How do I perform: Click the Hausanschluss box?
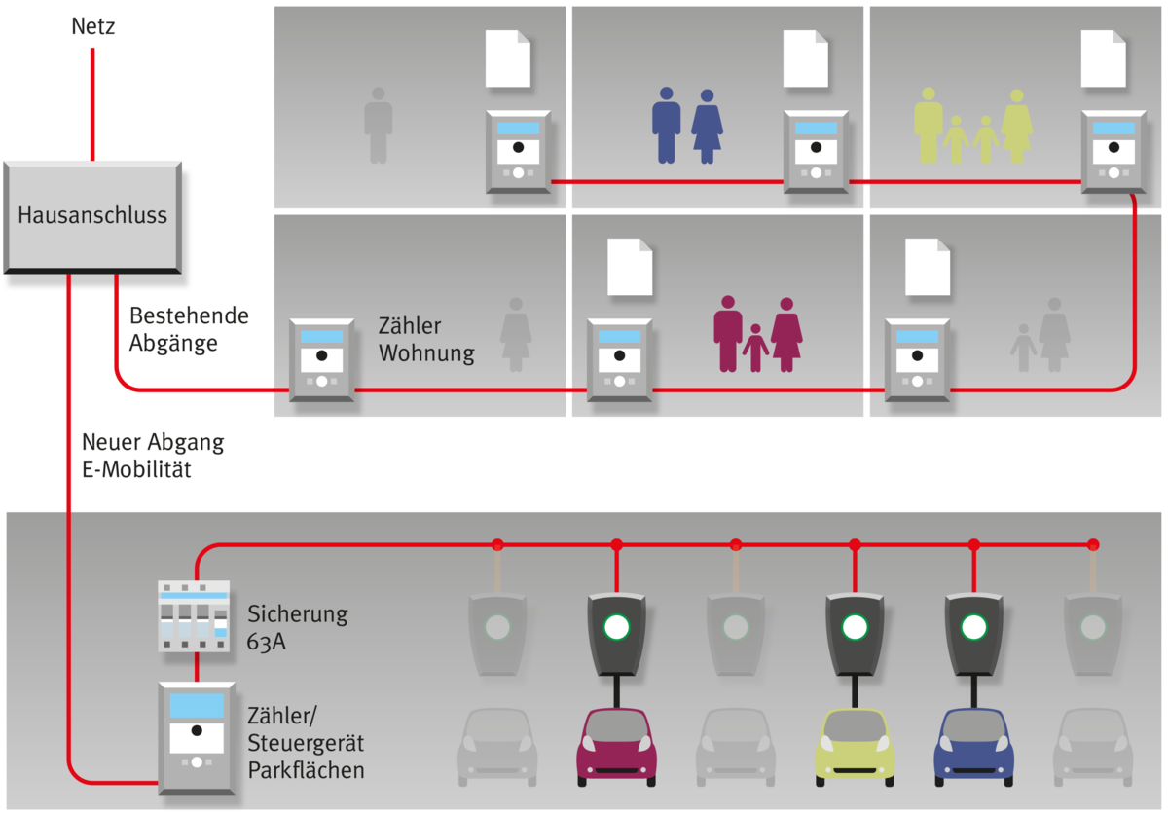(92, 216)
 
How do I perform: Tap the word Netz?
(92, 26)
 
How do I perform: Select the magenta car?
(617, 746)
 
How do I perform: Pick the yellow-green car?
(855, 746)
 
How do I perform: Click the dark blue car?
(973, 746)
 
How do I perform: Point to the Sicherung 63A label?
(297, 626)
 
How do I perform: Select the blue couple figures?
(687, 125)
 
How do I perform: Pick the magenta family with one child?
(758, 334)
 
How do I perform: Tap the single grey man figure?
(378, 126)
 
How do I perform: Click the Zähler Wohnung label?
(426, 340)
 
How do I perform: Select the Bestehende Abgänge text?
(189, 330)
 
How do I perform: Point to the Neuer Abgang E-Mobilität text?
(153, 456)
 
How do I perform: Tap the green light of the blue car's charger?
(973, 626)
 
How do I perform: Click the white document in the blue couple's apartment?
(806, 59)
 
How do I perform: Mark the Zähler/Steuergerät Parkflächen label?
(306, 744)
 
